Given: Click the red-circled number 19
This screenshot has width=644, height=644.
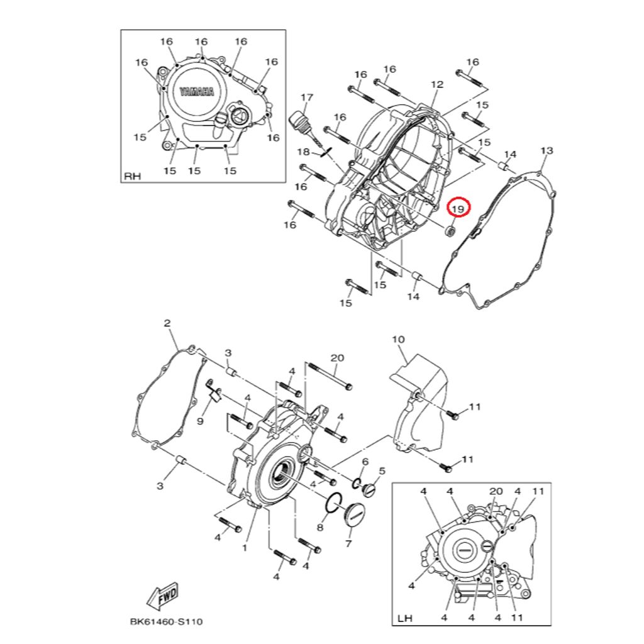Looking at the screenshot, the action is coord(458,209).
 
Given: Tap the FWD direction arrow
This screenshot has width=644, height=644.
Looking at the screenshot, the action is coord(163,596).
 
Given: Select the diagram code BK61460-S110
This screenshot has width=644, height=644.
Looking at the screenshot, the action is coord(166,622).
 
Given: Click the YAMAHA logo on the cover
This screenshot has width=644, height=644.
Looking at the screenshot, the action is coord(197,92).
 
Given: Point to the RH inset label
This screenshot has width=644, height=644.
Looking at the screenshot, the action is coord(132,176).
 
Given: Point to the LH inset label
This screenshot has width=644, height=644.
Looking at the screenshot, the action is coord(404,618).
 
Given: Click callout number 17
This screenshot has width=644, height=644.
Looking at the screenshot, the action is coord(307,97).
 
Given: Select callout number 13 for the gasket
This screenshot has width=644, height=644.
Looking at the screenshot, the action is coord(547,151).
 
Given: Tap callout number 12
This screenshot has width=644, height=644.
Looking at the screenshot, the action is coord(437,84).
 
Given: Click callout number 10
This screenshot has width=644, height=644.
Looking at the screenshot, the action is coord(398,339).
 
